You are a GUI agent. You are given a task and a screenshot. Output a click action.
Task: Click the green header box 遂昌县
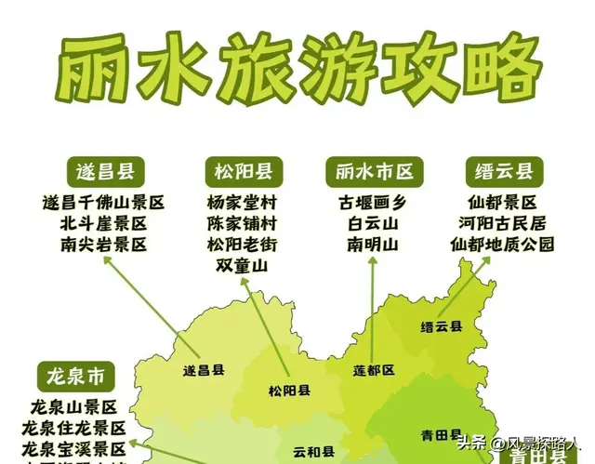click(104, 172)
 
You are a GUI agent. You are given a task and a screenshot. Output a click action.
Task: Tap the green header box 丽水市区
click(374, 172)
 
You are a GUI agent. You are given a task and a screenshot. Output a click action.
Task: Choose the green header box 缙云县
click(503, 172)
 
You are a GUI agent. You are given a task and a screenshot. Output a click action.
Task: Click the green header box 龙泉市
click(76, 377)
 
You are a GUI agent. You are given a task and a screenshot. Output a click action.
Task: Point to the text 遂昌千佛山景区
click(104, 202)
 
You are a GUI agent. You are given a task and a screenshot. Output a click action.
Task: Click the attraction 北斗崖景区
click(104, 223)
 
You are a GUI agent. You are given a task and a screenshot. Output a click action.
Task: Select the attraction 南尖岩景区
click(104, 245)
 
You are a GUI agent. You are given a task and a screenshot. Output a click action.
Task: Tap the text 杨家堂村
click(242, 202)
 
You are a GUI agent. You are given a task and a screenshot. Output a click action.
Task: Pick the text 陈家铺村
click(242, 223)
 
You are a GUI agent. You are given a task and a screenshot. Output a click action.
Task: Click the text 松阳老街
click(242, 245)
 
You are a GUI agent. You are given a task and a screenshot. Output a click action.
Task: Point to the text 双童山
click(242, 266)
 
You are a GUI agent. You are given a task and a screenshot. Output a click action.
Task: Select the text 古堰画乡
click(373, 202)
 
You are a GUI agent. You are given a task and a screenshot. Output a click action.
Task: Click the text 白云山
click(373, 223)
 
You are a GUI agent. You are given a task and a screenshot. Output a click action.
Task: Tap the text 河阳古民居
click(502, 223)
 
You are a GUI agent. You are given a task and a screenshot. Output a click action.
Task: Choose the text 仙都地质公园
click(502, 245)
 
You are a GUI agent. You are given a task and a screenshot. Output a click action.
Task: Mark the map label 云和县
click(313, 453)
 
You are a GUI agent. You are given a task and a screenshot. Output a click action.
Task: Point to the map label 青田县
click(441, 434)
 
